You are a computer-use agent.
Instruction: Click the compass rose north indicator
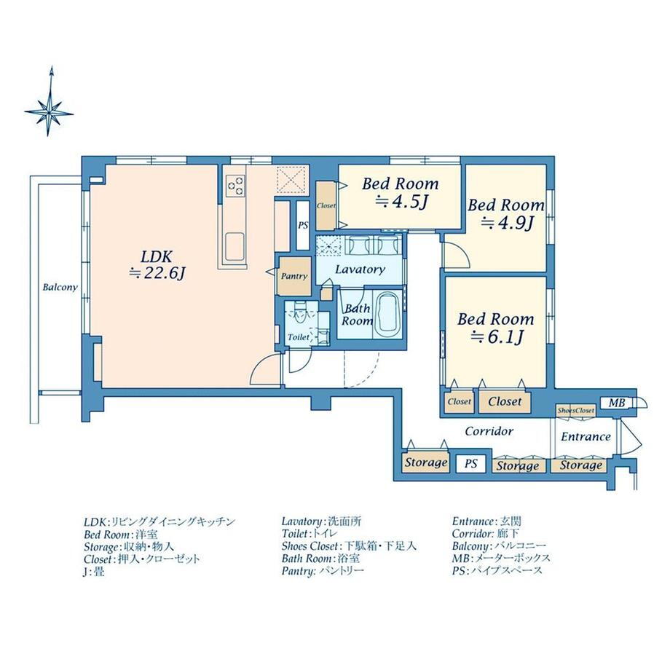pyautogui.click(x=50, y=102)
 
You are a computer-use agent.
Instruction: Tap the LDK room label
pyautogui.click(x=157, y=257)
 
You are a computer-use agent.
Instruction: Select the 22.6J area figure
pyautogui.click(x=157, y=274)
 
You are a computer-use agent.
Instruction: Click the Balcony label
pyautogui.click(x=60, y=287)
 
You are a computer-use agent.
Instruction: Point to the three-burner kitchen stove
pyautogui.click(x=235, y=186)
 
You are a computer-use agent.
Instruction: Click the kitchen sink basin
pyautogui.click(x=234, y=246)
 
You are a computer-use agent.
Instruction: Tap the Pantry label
pyautogui.click(x=294, y=277)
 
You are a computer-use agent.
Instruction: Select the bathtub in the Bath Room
pyautogui.click(x=387, y=312)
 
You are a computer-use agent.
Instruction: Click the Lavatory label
pyautogui.click(x=360, y=269)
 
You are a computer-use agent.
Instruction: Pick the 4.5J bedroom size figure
pyautogui.click(x=401, y=202)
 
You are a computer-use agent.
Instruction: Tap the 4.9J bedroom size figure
pyautogui.click(x=507, y=223)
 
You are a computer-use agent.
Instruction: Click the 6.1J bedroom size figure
pyautogui.click(x=497, y=337)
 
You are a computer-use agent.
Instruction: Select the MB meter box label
pyautogui.click(x=617, y=403)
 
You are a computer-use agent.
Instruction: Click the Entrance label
pyautogui.click(x=586, y=437)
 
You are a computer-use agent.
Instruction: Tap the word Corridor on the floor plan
pyautogui.click(x=489, y=431)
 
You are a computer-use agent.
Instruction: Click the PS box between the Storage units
pyautogui.click(x=471, y=464)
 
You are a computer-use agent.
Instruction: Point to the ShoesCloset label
pyautogui.click(x=575, y=410)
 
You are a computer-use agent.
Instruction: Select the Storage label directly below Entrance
pyautogui.click(x=580, y=465)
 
